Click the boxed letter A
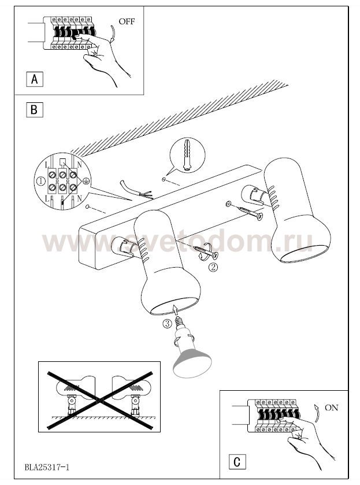[x=34, y=79]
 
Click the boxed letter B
[x=34, y=110]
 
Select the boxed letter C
[x=237, y=462]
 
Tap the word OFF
[x=127, y=21]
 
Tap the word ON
[x=332, y=408]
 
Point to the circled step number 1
[x=41, y=182]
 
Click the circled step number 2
[x=213, y=267]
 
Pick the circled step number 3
[x=166, y=324]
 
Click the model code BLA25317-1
[x=47, y=467]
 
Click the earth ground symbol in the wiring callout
[x=86, y=181]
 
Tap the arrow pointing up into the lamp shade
[x=175, y=310]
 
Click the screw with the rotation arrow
[x=205, y=251]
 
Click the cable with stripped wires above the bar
[x=135, y=189]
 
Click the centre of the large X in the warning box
[x=99, y=400]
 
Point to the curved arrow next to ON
[x=316, y=413]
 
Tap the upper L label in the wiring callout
[x=47, y=165]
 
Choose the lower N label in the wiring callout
[x=80, y=199]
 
